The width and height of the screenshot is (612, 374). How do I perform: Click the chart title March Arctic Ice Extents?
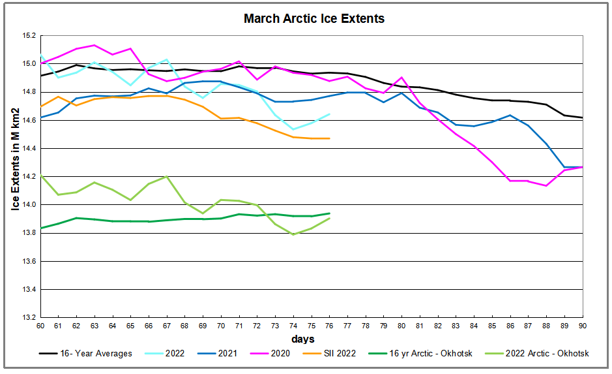point(314,18)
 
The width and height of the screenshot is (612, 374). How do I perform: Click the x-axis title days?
point(303,339)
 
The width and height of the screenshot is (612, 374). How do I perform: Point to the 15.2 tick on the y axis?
point(28,36)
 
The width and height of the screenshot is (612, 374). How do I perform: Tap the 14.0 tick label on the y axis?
point(28,205)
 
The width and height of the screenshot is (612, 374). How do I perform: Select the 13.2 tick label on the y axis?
point(28,318)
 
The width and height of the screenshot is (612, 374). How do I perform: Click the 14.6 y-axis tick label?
point(28,121)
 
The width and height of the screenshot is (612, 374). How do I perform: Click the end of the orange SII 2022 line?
point(329,138)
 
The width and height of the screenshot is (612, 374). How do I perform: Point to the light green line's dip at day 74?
point(293,234)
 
